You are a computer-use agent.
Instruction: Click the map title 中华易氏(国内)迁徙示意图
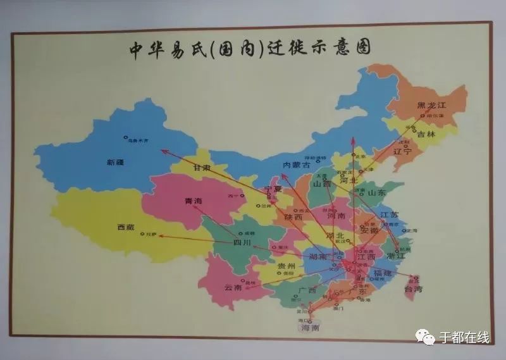pos(249,49)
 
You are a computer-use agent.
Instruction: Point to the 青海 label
pos(192,201)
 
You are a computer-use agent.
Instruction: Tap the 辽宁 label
pos(402,152)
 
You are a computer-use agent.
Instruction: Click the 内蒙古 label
pos(297,164)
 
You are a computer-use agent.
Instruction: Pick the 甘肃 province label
pos(202,168)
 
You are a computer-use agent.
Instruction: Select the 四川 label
pos(242,242)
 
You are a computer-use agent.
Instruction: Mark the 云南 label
pos(233,287)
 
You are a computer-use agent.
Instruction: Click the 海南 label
pos(310,328)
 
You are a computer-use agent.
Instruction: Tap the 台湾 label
pos(413,289)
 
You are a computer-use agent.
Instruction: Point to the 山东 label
pos(377,192)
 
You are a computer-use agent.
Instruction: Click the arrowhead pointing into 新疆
pos(163,150)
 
